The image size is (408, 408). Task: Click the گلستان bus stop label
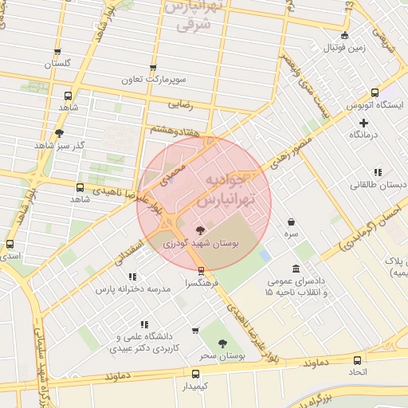point(57,63)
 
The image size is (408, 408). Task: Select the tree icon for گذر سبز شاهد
point(60,133)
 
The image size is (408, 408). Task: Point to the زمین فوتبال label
point(344,47)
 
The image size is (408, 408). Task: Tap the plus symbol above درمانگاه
point(364,122)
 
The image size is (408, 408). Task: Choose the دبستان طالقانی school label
point(378,185)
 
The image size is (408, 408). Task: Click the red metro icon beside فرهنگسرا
point(202,270)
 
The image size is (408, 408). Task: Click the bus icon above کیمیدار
point(196,373)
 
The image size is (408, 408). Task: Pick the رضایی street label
point(180,104)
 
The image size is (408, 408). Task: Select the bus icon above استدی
point(10,245)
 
